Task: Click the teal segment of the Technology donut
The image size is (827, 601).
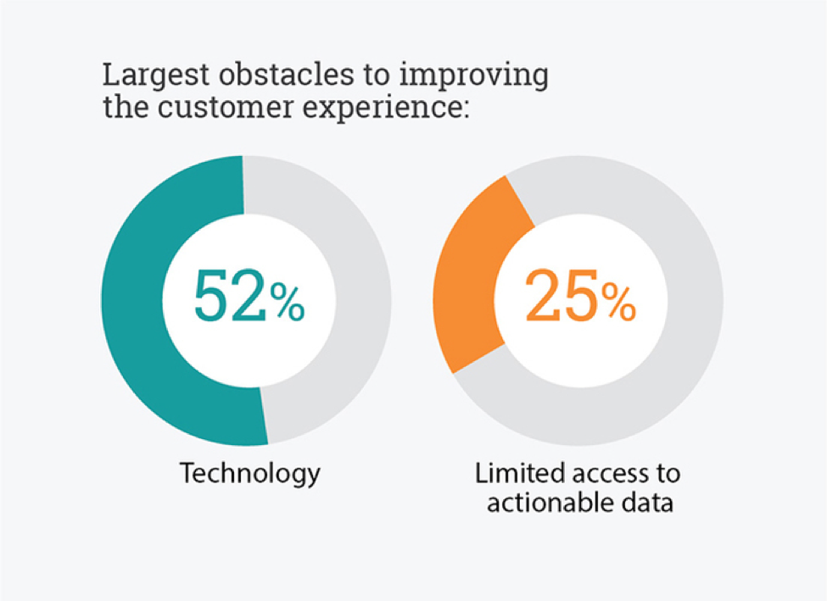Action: pyautogui.click(x=131, y=300)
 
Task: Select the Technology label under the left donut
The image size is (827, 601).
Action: pyautogui.click(x=250, y=473)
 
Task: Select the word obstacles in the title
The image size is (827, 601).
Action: pyautogui.click(x=287, y=74)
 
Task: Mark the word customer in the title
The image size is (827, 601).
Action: pyautogui.click(x=226, y=107)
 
